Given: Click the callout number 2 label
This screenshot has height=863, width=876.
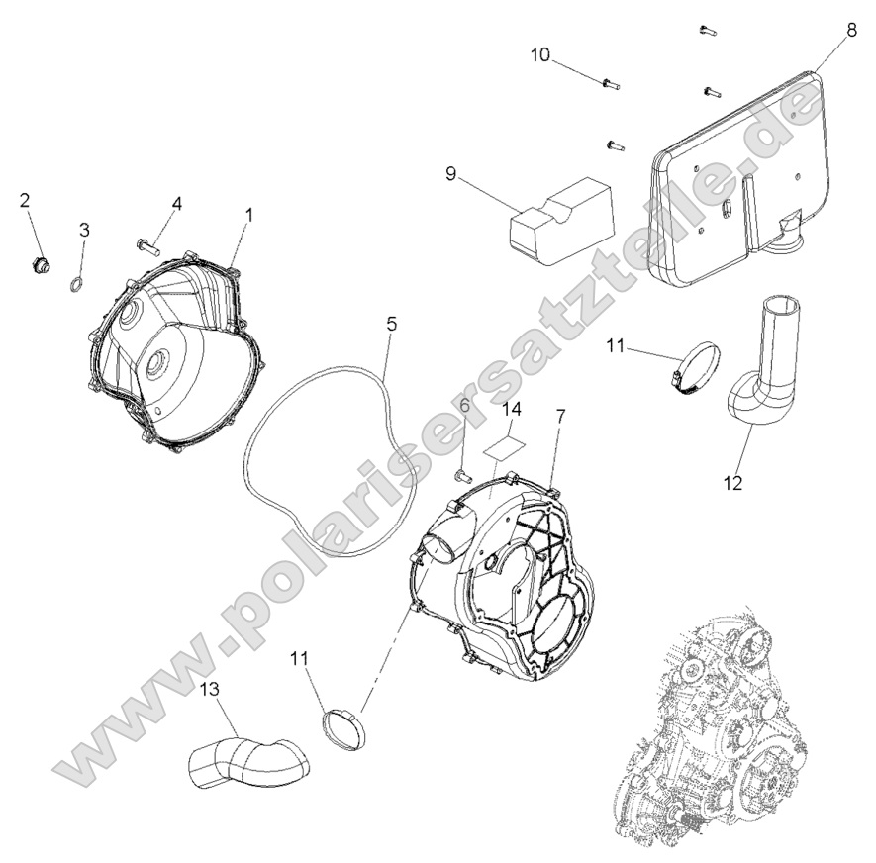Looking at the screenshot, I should tap(26, 201).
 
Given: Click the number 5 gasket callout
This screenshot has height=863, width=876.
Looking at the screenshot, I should tap(391, 324).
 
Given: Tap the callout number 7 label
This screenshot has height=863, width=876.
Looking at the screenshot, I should tap(560, 417).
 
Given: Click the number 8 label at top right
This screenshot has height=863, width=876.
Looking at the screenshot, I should tap(852, 31).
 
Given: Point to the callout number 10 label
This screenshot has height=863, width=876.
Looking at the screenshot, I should tap(539, 54).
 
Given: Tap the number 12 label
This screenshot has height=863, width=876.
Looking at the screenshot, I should tap(732, 484).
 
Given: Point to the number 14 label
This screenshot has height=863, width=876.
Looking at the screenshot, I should tap(510, 408).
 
